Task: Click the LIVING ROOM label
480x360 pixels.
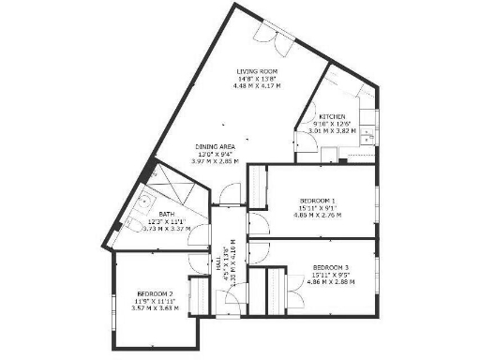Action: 257,70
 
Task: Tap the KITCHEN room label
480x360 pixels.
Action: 333,116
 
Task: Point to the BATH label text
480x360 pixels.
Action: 166,214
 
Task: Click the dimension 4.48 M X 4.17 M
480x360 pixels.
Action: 257,86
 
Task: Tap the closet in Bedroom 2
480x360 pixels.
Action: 198,292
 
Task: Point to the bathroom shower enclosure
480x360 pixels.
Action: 174,183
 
